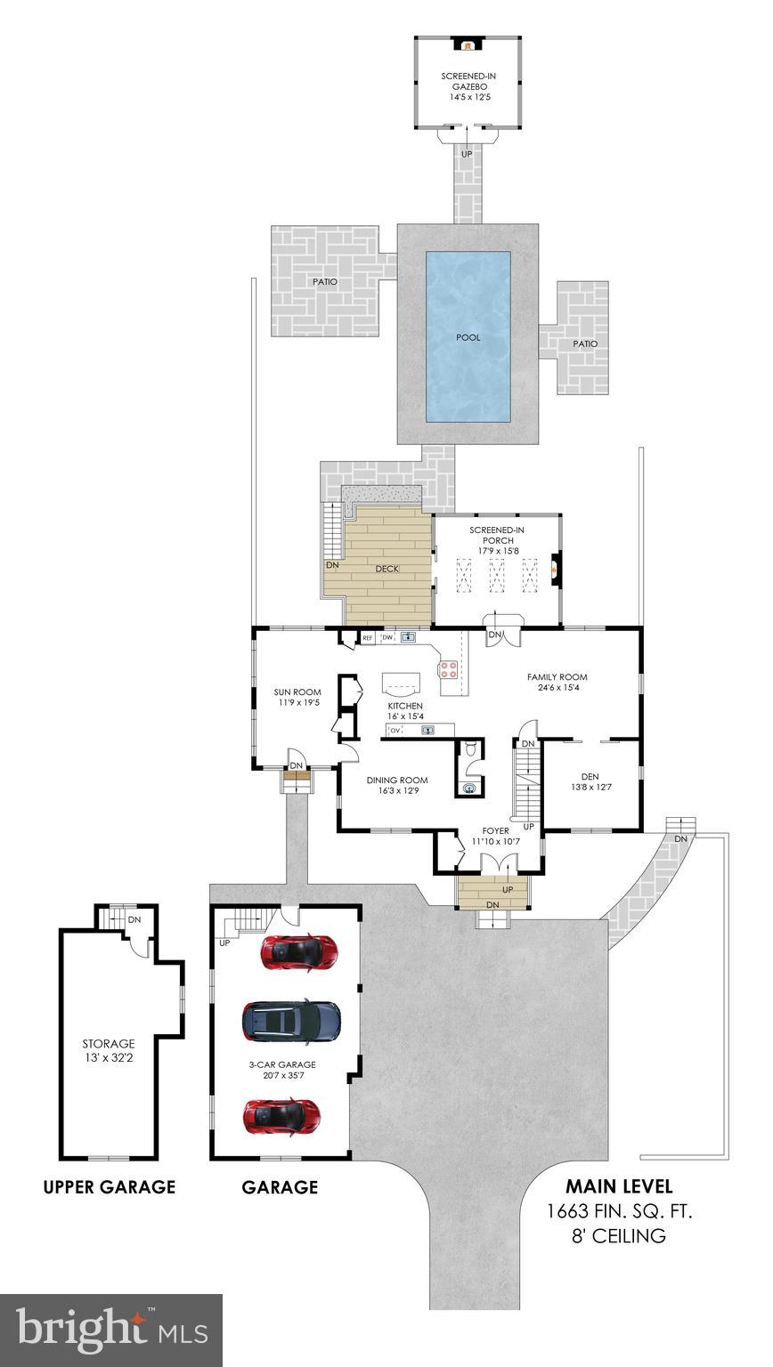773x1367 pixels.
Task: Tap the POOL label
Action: click(x=468, y=337)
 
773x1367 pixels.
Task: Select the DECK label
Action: click(x=386, y=569)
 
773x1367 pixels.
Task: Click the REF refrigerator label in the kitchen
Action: click(x=367, y=638)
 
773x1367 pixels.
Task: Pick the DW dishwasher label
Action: click(x=387, y=638)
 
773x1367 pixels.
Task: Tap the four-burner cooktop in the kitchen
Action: click(x=448, y=667)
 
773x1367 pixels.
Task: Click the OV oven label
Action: click(x=395, y=731)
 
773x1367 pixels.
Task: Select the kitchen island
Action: click(x=403, y=682)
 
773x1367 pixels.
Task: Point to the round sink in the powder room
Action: click(x=470, y=786)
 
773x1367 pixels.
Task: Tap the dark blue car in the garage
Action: click(x=291, y=1020)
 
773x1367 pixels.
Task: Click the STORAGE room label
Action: click(x=109, y=1044)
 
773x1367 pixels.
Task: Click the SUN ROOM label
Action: click(x=297, y=692)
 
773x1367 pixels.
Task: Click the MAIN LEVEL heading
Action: click(x=619, y=1186)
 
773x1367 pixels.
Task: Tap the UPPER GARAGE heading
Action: click(x=110, y=1187)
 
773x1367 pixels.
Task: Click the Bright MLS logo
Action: click(x=111, y=1330)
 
